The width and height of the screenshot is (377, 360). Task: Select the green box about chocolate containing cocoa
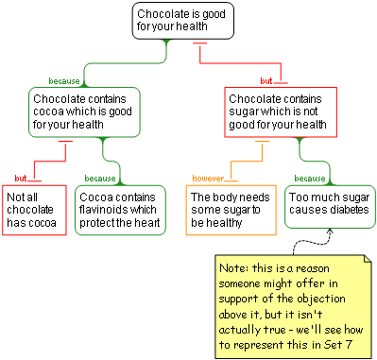85,111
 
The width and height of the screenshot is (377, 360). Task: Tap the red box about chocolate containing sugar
281,111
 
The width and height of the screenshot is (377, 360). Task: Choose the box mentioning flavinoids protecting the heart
119,210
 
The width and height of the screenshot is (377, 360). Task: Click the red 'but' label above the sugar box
266,81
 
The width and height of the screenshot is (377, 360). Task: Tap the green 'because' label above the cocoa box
64,81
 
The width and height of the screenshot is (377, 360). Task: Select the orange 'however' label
208,178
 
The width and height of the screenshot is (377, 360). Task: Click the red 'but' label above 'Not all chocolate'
21,178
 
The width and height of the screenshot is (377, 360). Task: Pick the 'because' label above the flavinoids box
100,178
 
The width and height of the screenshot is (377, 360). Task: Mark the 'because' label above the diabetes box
309,178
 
